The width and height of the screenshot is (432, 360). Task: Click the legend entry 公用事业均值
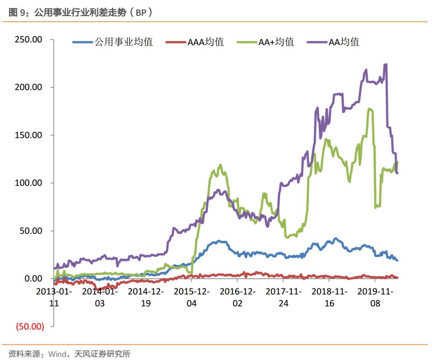113,42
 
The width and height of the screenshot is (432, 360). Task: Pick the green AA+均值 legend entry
266,42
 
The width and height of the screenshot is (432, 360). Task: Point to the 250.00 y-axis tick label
28,40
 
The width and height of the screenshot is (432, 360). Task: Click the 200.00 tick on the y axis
28,87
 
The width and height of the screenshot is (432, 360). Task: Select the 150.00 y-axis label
28,135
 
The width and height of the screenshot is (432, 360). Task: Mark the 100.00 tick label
28,183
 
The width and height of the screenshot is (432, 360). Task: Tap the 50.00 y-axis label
30,231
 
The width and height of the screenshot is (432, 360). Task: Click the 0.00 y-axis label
32,278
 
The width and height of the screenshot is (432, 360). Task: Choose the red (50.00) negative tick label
29,326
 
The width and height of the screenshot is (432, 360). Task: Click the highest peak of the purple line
385,64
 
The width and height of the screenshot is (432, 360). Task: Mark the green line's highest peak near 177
370,109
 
